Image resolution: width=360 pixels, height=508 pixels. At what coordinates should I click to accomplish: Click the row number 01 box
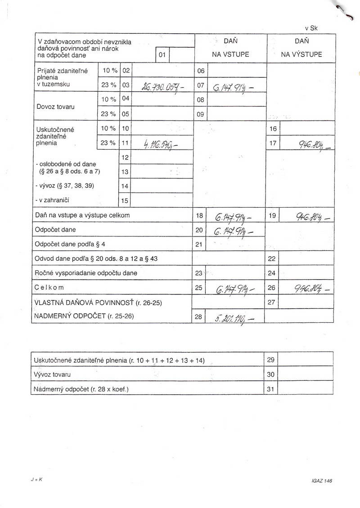point(162,55)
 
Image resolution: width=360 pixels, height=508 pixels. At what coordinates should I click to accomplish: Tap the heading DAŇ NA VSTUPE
point(230,48)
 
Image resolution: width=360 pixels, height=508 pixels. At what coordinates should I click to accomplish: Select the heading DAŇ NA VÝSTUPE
point(301,48)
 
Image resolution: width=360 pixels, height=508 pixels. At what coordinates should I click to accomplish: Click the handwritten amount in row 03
point(159,87)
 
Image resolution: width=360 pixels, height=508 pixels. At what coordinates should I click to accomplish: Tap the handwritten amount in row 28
point(234,318)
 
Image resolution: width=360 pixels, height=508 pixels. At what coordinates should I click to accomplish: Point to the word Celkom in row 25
point(49,287)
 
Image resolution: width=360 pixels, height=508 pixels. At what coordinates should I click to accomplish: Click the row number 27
point(271,303)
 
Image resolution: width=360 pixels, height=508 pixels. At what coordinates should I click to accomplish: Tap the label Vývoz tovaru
point(53,374)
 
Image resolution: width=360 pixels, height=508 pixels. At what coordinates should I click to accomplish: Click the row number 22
point(271,259)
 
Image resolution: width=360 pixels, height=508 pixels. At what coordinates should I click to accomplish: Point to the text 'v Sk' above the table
point(311,28)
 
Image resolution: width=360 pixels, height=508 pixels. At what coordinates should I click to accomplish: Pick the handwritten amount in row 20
point(234,232)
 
